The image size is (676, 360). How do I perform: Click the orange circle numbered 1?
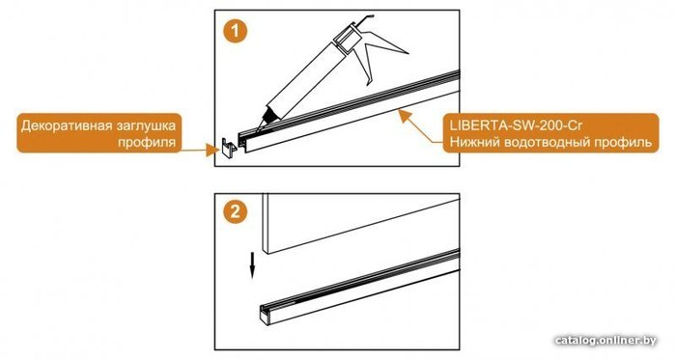235,31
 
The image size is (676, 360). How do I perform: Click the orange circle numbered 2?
235,212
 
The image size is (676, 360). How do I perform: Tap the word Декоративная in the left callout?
67,125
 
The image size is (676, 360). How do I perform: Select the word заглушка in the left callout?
147,125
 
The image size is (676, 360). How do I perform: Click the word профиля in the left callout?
147,142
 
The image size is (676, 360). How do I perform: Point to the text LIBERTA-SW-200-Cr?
516,125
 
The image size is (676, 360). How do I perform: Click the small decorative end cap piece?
228,149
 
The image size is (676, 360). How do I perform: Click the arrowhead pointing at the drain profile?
404,116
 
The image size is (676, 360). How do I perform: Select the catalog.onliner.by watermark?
606,340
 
